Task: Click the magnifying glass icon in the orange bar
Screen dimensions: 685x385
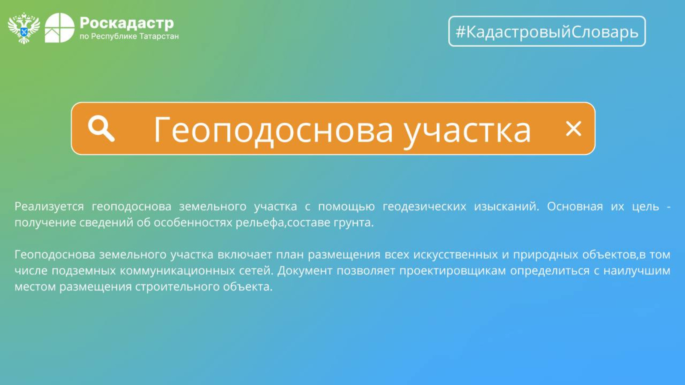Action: click(101, 128)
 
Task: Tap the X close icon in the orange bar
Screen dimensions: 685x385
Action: click(573, 129)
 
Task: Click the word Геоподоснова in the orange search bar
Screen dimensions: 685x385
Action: click(273, 130)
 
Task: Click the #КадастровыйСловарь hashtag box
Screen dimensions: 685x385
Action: click(547, 31)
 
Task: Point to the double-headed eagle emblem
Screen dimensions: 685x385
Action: click(24, 28)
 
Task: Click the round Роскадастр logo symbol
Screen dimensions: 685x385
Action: click(60, 28)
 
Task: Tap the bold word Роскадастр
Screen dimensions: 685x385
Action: click(127, 23)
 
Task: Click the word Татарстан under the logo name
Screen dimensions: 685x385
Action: click(159, 36)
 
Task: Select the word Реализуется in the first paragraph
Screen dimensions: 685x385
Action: click(49, 207)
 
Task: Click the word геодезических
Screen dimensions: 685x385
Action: click(424, 207)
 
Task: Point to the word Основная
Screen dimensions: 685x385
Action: click(575, 207)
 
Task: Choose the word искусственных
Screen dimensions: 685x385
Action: click(456, 255)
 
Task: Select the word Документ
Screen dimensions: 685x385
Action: click(305, 271)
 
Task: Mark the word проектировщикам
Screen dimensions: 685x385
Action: click(453, 271)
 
